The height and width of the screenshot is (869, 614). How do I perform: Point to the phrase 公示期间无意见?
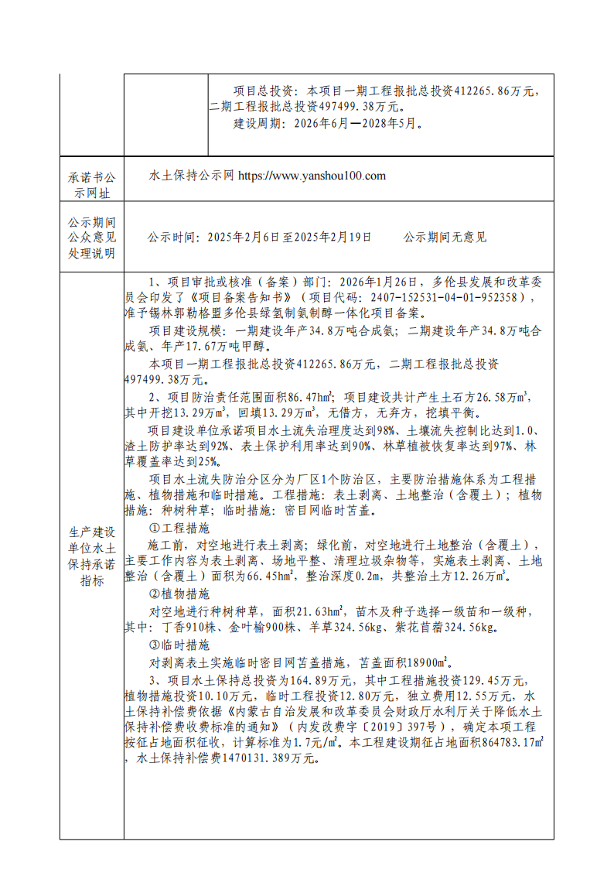pos(445,238)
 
